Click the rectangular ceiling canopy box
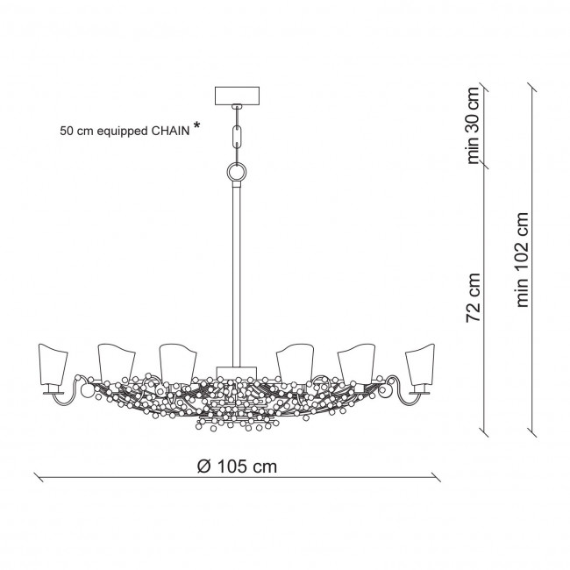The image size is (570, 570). point(238,96)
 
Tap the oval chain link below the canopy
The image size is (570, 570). point(238,134)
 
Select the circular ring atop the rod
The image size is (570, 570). point(237,172)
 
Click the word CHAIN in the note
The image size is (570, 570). point(170,132)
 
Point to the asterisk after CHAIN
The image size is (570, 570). point(196,125)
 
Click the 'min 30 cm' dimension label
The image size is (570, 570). point(473,125)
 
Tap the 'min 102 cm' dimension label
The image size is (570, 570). point(522,260)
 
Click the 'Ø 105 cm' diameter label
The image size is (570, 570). point(237,467)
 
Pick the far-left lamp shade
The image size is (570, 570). point(53,364)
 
